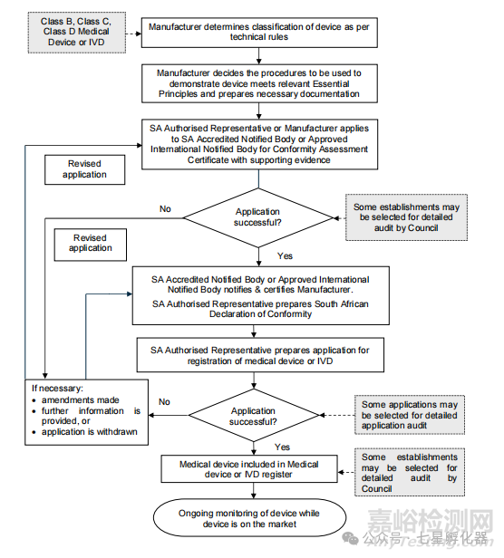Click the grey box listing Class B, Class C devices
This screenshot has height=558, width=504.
coord(77,33)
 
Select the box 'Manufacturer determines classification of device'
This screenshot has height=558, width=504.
coord(259,33)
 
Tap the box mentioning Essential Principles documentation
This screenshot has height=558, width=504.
coord(259,83)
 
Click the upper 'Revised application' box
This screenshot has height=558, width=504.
coord(85,169)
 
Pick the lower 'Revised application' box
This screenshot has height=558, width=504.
coord(91,245)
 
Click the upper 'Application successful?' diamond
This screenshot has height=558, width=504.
coord(257,217)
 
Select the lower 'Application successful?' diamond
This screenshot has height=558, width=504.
coord(253,415)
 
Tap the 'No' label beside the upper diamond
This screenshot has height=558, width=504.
coord(165,209)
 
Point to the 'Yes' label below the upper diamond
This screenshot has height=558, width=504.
coord(285,255)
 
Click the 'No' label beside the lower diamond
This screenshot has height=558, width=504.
coord(164,402)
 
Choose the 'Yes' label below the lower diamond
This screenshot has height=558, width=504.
coord(282,447)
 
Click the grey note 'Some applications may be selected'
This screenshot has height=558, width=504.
coord(410,415)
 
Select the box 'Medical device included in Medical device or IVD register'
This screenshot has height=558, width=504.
coord(249,469)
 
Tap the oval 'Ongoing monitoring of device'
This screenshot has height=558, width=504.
coord(249,518)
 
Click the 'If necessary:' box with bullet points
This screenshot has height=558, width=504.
coord(86,412)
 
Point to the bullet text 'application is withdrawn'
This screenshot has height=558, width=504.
coord(90,432)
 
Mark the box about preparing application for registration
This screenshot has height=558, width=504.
coord(260,355)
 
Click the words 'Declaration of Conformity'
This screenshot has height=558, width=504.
coord(260,313)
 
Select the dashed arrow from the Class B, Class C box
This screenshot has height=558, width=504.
coord(133,34)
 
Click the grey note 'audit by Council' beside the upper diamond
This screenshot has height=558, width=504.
coord(406,217)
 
